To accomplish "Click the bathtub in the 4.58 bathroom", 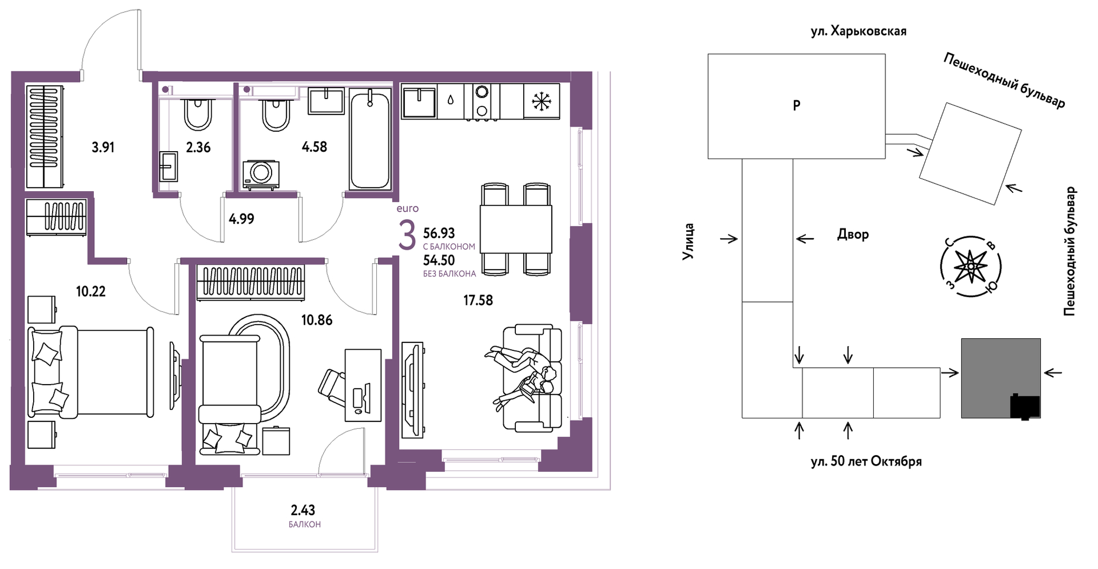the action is point(370,140).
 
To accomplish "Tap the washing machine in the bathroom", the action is point(261,174).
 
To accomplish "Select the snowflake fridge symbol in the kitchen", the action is point(541,101).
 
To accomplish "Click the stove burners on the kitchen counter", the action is point(482,102).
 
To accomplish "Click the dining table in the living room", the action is point(516,229).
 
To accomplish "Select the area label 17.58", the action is point(478,300).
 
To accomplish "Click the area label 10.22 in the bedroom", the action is point(91,291).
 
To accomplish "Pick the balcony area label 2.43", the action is point(303,510).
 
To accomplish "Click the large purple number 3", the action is point(407,236).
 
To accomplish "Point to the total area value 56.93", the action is point(439,233).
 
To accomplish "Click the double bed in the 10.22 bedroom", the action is point(91,372).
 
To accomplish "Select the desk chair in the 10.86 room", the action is point(333,387).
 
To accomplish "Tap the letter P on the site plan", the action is point(796,105).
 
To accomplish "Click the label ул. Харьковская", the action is point(859,32).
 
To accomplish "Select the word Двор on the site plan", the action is point(853,234).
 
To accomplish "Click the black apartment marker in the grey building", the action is point(1025,407).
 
